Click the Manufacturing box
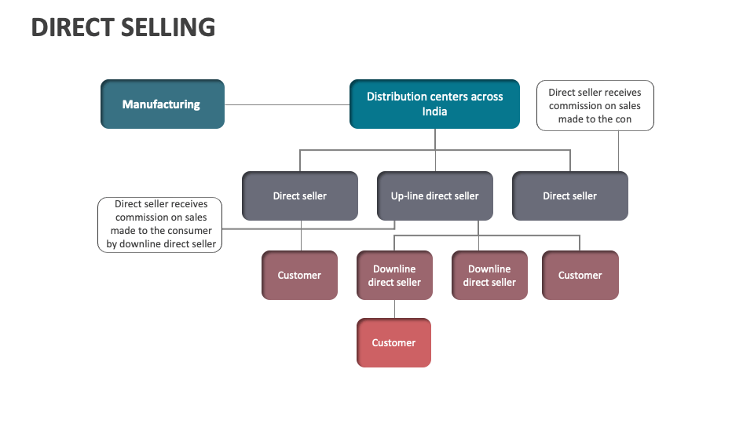tap(162, 104)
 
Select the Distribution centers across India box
tap(434, 104)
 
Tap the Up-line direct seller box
tap(434, 196)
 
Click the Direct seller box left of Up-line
tap(299, 196)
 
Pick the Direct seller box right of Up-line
tap(569, 196)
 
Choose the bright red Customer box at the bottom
tap(393, 342)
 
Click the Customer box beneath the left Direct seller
tap(299, 275)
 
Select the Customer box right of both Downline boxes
tap(580, 275)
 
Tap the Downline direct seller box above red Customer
tap(394, 275)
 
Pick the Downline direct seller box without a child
tap(489, 275)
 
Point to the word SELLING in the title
tap(168, 27)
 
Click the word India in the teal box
tap(434, 111)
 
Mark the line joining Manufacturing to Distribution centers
tap(287, 104)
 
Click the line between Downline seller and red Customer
tap(394, 309)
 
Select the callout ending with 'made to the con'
tap(595, 105)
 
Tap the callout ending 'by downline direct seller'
tap(161, 224)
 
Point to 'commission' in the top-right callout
tap(572, 106)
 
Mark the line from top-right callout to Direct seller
tap(618, 151)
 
